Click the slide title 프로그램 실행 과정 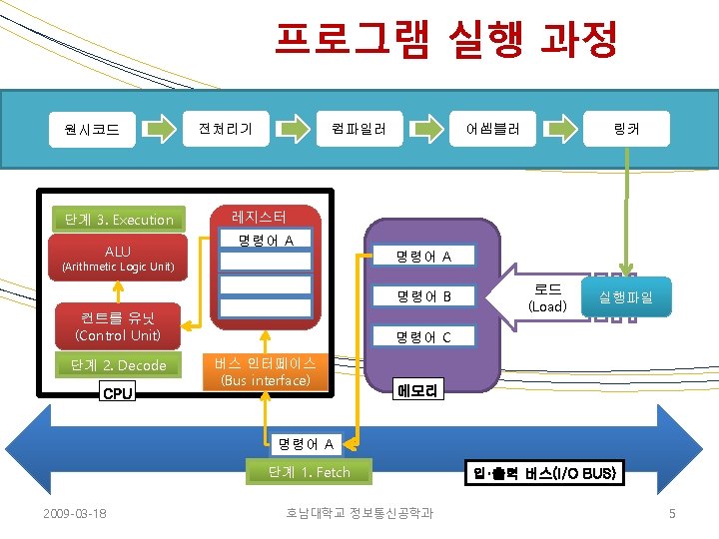pos(446,41)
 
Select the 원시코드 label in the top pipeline pos(92,129)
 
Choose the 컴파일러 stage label pos(353,128)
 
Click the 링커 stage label pos(626,128)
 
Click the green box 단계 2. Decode pos(119,365)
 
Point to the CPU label pos(118,393)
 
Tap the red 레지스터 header pos(259,216)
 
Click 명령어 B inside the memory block pos(423,296)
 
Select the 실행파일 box pos(626,296)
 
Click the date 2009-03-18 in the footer pos(75,513)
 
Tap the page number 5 pos(672,513)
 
